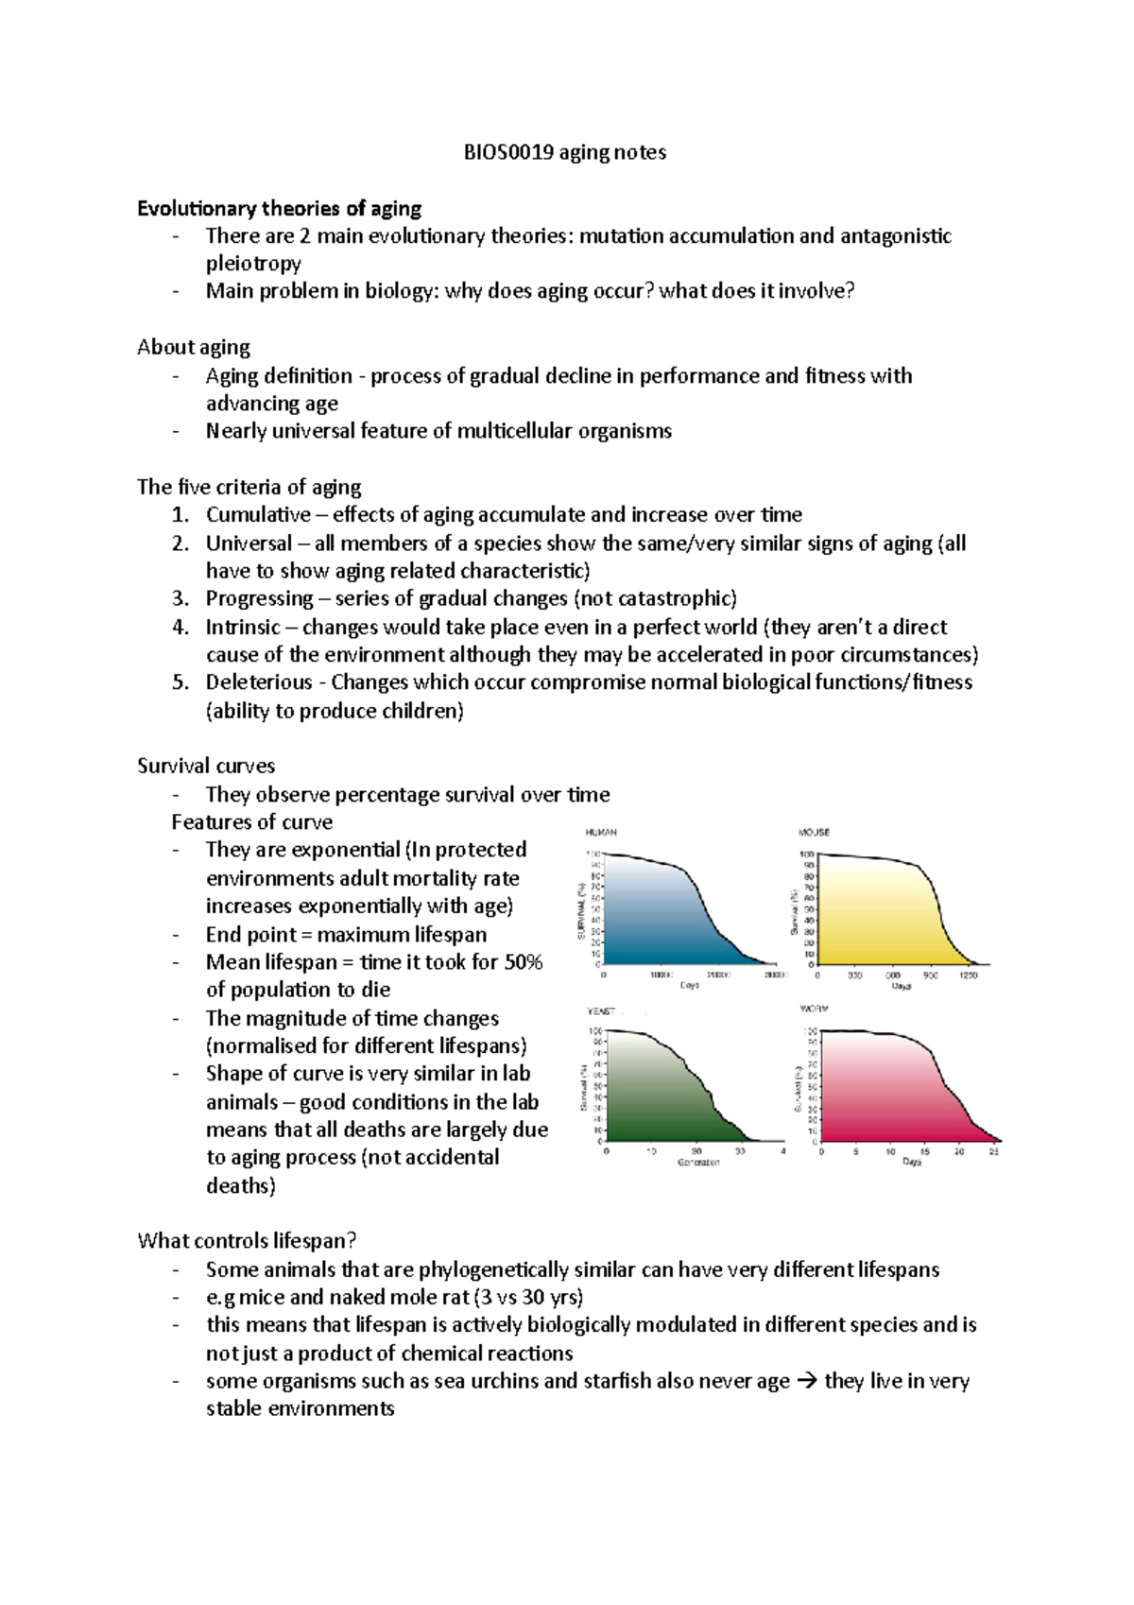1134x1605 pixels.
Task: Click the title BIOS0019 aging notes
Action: (x=564, y=152)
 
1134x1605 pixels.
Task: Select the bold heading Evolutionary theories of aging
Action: (x=279, y=208)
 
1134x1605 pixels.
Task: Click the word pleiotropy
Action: (x=253, y=264)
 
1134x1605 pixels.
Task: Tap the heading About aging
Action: (x=193, y=347)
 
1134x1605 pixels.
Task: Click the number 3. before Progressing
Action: (x=180, y=598)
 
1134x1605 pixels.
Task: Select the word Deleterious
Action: (x=259, y=682)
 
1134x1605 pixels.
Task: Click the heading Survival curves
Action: (x=206, y=766)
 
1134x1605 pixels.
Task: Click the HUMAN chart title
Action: (x=601, y=833)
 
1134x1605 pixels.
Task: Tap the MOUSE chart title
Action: (x=814, y=833)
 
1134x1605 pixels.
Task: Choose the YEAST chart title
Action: (x=601, y=1011)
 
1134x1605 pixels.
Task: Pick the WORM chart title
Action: (x=814, y=1010)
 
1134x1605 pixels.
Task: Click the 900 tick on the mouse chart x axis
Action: (x=931, y=975)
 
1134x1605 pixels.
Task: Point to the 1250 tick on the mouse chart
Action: (x=968, y=975)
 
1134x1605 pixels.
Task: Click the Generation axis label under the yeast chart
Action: (x=698, y=1163)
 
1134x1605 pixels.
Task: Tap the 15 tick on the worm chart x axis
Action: (x=925, y=1152)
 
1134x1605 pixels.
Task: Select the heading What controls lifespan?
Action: (x=247, y=1241)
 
